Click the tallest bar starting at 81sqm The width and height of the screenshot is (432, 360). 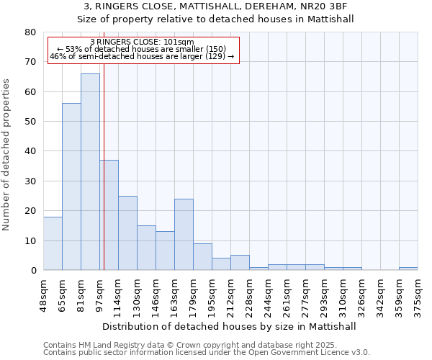click(90, 171)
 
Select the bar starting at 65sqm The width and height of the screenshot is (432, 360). click(71, 186)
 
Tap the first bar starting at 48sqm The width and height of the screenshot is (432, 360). click(53, 243)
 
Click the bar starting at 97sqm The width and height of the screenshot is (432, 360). click(109, 215)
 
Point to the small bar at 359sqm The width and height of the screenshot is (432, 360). click(408, 269)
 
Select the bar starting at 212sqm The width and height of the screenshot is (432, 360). click(240, 263)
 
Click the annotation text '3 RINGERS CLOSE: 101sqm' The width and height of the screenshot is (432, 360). click(142, 42)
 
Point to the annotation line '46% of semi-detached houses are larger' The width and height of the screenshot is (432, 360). click(142, 56)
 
